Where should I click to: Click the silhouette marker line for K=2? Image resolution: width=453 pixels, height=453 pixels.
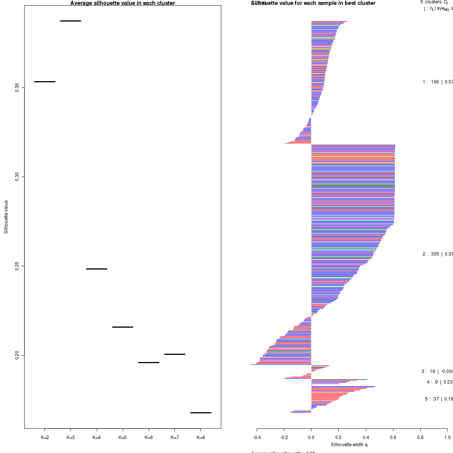click(45, 82)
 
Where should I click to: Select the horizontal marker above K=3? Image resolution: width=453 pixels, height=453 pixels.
click(71, 21)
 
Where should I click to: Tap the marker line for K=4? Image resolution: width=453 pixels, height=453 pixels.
click(97, 269)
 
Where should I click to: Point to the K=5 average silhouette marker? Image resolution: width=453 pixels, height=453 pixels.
click(123, 327)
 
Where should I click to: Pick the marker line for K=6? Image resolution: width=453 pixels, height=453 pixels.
click(149, 362)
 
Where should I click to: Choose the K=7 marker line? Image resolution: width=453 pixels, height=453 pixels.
click(175, 354)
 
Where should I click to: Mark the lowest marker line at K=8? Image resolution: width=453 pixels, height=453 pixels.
click(201, 413)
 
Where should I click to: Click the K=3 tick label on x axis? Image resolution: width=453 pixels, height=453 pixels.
click(71, 438)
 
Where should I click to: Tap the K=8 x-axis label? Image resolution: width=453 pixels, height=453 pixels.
click(201, 438)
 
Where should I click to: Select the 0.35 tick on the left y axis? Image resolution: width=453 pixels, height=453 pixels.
click(17, 88)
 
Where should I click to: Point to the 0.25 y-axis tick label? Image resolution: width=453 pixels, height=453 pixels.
click(17, 266)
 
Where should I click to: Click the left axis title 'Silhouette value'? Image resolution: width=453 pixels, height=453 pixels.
click(6, 217)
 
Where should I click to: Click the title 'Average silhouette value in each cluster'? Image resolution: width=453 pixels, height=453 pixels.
click(123, 3)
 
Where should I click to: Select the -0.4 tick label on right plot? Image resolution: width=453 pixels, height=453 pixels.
click(257, 438)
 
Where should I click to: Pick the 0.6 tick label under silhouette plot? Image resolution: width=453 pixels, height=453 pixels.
click(393, 438)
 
